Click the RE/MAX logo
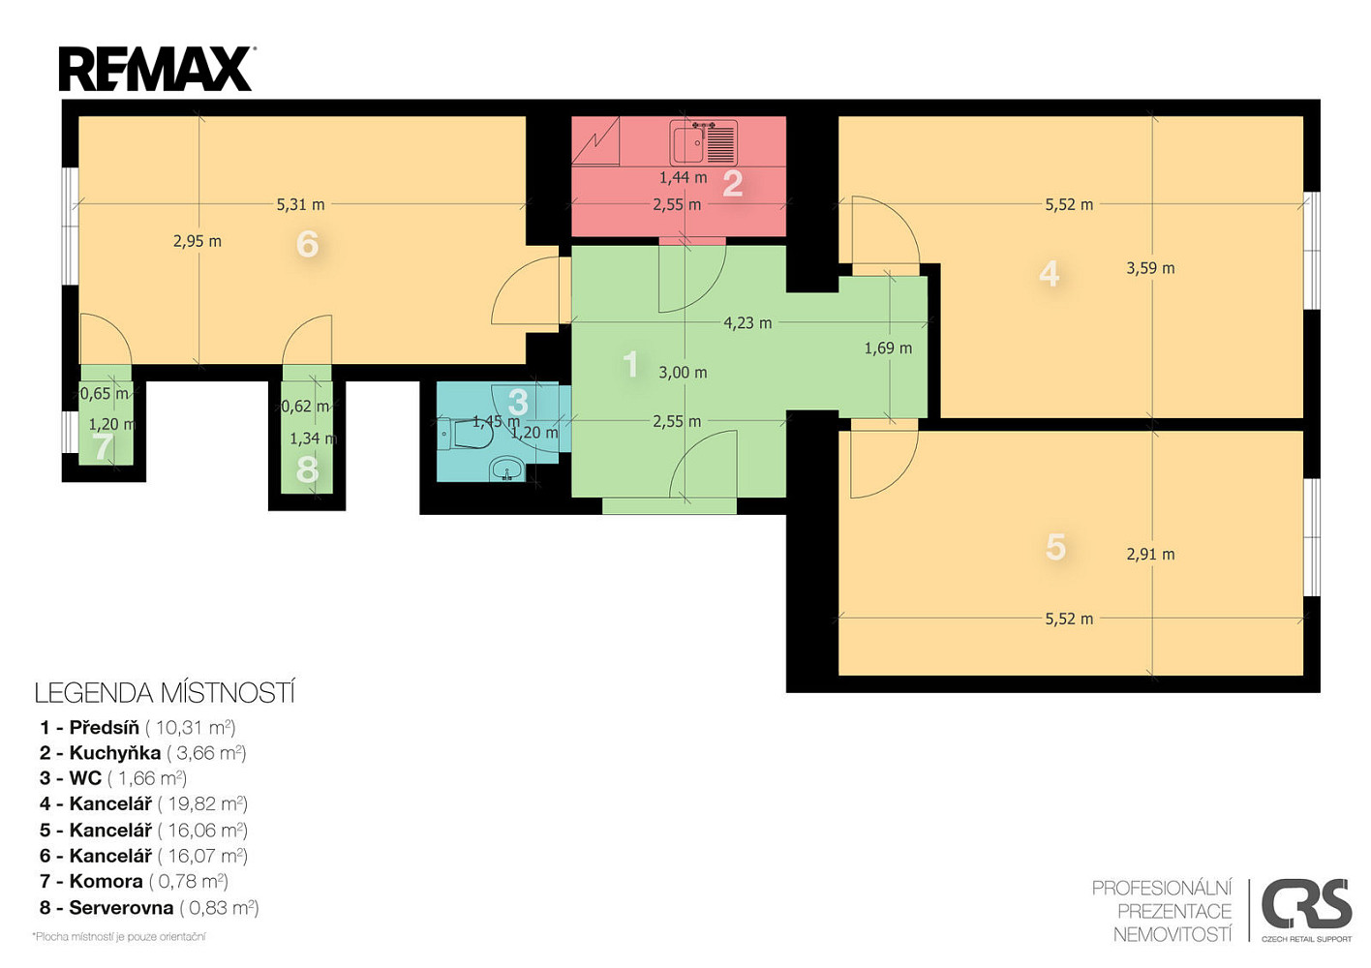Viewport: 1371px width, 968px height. click(156, 69)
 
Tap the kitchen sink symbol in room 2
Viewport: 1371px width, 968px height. click(703, 143)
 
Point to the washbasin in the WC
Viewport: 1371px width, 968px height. click(506, 469)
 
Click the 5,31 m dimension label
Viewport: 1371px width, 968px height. click(300, 204)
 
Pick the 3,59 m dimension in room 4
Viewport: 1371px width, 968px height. click(1150, 268)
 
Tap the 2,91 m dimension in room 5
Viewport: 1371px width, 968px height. click(1150, 555)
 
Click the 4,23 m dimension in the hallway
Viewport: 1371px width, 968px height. click(747, 323)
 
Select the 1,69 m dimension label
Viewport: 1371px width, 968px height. click(888, 348)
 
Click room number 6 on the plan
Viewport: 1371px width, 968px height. click(307, 244)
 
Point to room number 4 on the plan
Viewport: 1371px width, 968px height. click(1049, 274)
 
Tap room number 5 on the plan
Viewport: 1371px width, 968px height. click(1055, 547)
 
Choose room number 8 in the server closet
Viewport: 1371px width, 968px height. click(307, 469)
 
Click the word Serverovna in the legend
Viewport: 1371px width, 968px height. click(121, 908)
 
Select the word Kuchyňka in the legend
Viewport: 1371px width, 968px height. click(114, 753)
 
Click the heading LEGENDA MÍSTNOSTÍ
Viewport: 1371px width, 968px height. click(165, 693)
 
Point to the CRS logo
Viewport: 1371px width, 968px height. click(1306, 911)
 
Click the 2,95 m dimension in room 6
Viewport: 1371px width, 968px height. click(198, 241)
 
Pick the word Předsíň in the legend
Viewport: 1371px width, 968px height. click(104, 728)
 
